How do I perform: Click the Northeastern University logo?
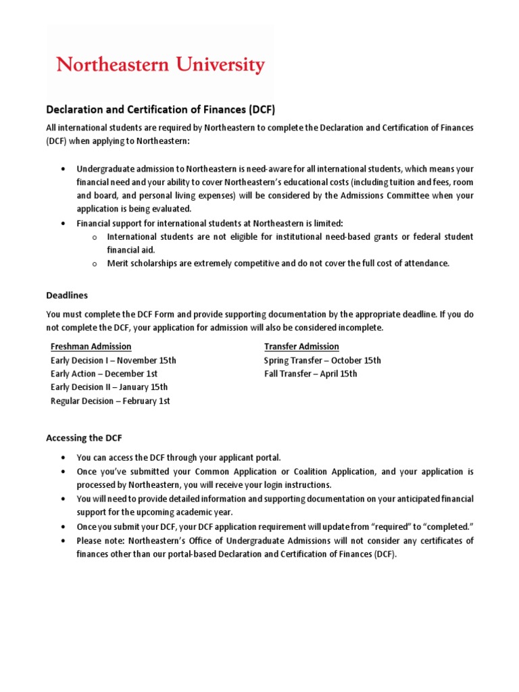coord(160,66)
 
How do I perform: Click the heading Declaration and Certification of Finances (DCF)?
coord(160,109)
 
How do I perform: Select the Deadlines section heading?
coord(67,295)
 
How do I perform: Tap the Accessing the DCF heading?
coord(84,438)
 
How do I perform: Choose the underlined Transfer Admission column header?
coord(301,347)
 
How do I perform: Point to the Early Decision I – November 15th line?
coord(114,360)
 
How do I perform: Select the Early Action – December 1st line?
coord(104,374)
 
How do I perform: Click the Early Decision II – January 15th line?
coord(109,387)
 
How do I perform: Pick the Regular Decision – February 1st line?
coord(110,401)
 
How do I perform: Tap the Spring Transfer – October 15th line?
coord(322,360)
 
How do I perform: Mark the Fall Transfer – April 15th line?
coord(311,374)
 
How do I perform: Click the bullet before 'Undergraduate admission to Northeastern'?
coord(63,168)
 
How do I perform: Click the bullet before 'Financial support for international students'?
coord(63,223)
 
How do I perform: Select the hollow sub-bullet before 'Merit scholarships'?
coord(95,264)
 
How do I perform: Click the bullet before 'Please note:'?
coord(63,541)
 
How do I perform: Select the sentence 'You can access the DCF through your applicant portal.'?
coord(178,458)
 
